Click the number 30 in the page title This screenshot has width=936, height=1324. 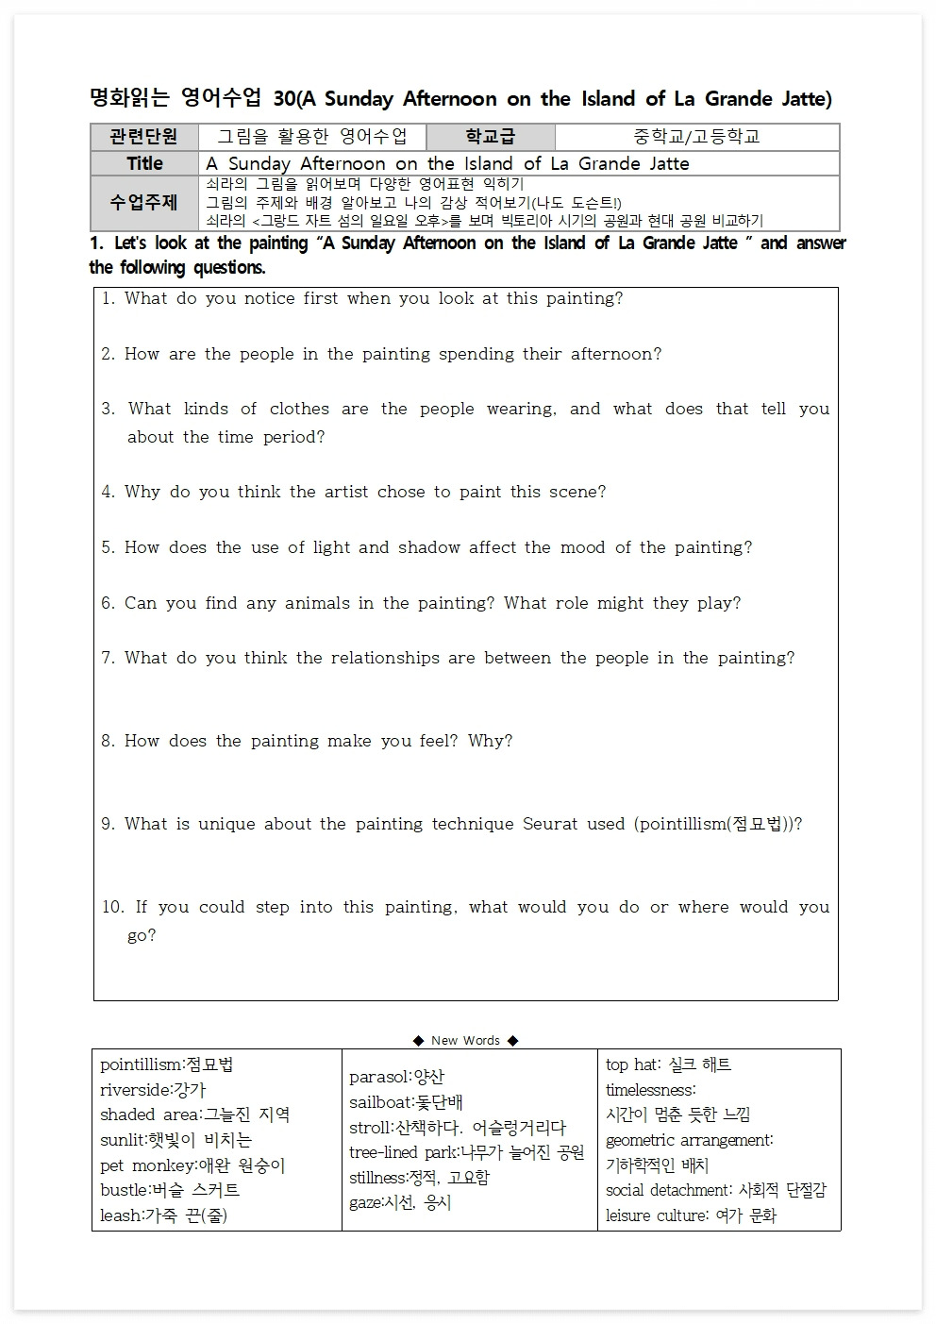pyautogui.click(x=284, y=99)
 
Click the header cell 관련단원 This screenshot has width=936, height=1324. pyautogui.click(x=143, y=137)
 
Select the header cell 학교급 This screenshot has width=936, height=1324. pyautogui.click(x=491, y=137)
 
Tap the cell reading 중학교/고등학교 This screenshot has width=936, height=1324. pyautogui.click(x=696, y=137)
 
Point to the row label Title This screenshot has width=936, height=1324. pyautogui.click(x=144, y=163)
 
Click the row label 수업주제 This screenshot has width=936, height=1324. pyautogui.click(x=143, y=203)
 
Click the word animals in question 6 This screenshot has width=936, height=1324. pyautogui.click(x=317, y=603)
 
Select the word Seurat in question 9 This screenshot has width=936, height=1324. pyautogui.click(x=550, y=824)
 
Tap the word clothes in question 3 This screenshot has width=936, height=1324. pyautogui.click(x=299, y=409)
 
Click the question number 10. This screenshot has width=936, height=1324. pyautogui.click(x=113, y=907)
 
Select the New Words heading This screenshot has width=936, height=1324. pyautogui.click(x=466, y=1040)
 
